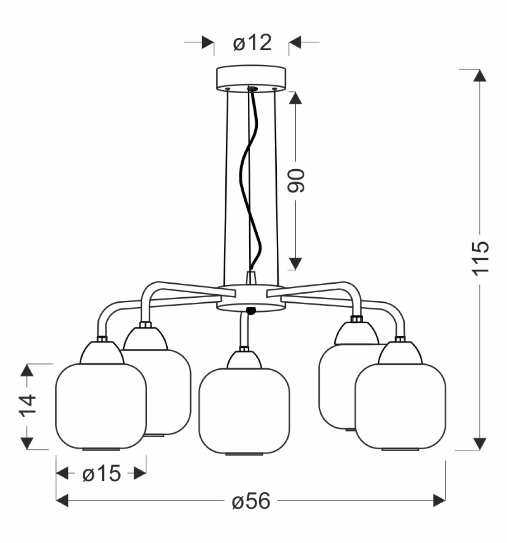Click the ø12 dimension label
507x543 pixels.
252,43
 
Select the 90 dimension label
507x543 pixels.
296,181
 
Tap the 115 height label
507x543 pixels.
480,259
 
